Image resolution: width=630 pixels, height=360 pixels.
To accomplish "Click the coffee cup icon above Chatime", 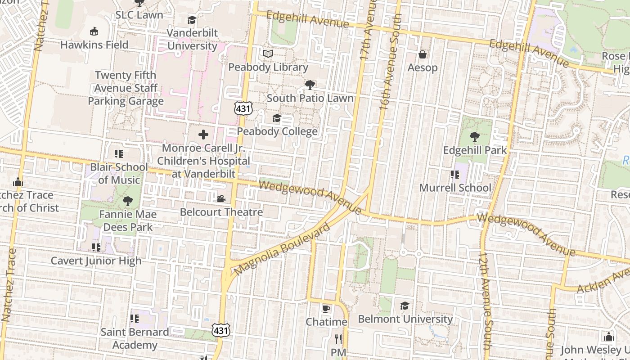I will tap(326, 309).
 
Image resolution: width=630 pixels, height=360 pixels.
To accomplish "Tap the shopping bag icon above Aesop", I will tap(423, 54).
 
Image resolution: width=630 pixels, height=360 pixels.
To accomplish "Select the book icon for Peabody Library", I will tap(268, 54).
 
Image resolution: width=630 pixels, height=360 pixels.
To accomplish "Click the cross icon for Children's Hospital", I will tap(203, 135).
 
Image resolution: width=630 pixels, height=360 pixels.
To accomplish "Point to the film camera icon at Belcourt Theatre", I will tap(221, 198).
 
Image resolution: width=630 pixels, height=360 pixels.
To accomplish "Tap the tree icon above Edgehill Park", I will tap(474, 136).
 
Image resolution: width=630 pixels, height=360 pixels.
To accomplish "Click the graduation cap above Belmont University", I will tap(405, 306).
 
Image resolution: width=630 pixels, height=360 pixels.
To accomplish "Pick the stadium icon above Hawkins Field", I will tap(94, 31).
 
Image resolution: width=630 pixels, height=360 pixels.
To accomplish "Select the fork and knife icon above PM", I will tap(338, 338).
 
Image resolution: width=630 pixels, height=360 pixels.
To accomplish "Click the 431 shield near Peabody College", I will tap(243, 108).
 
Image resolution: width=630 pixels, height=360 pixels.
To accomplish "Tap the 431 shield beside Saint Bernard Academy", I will tap(221, 330).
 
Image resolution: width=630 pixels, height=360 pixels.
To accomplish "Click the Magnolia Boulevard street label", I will tap(282, 249).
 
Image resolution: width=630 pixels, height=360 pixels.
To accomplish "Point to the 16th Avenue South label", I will tap(390, 62).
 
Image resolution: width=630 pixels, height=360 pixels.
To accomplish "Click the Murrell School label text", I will tap(455, 188).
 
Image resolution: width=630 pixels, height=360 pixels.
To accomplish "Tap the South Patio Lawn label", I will tap(310, 98).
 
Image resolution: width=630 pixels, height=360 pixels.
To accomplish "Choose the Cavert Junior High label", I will tap(96, 261).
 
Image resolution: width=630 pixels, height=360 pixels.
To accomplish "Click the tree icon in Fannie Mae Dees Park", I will tap(128, 201).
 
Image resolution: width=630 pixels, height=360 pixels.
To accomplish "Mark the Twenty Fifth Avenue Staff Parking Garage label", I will tap(126, 88).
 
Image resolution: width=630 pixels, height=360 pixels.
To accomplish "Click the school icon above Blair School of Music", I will tap(119, 154).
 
